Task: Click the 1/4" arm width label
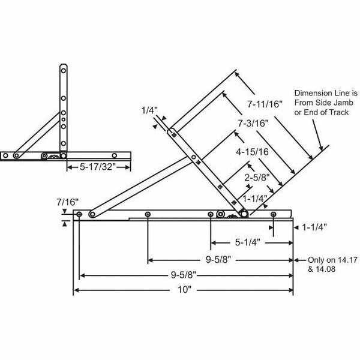(x=148, y=110)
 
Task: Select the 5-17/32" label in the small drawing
(x=91, y=169)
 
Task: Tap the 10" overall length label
(x=183, y=291)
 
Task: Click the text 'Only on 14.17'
(x=326, y=260)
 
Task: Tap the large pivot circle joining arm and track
(x=244, y=212)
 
